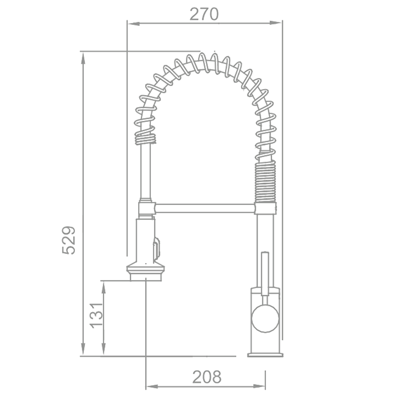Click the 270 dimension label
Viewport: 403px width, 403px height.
pyautogui.click(x=204, y=14)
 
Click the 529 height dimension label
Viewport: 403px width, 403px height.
pyautogui.click(x=69, y=240)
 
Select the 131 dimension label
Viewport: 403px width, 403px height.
pyautogui.click(x=96, y=315)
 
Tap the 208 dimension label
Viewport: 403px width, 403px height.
pyautogui.click(x=207, y=377)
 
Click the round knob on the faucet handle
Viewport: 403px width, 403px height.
pyautogui.click(x=265, y=318)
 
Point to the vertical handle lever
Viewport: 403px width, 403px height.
pyautogui.click(x=265, y=273)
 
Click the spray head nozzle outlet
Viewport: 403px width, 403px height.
pyautogui.click(x=146, y=277)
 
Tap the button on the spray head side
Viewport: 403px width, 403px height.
pyautogui.click(x=157, y=249)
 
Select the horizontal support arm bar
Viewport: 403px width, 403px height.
pyautogui.click(x=205, y=208)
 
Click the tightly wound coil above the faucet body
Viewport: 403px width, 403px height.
pyautogui.click(x=265, y=181)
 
